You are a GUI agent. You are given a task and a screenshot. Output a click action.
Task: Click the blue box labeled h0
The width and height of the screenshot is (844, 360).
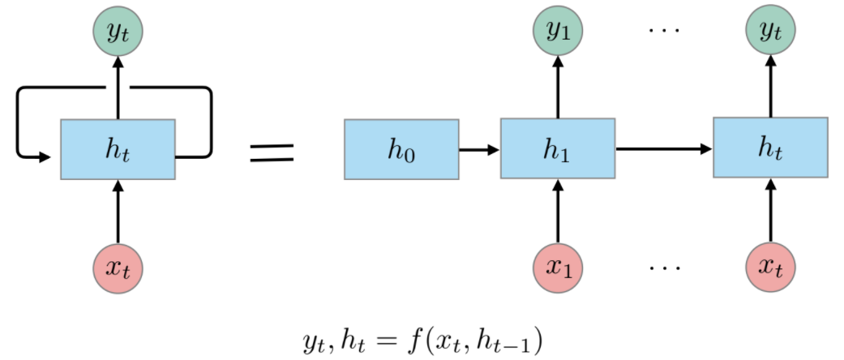[401, 150]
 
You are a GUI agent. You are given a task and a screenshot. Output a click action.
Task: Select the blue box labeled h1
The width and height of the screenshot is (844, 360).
[557, 148]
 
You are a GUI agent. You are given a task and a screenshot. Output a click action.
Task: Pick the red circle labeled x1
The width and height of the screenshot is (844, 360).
[557, 267]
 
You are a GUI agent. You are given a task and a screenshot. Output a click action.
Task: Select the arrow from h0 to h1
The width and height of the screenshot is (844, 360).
[479, 150]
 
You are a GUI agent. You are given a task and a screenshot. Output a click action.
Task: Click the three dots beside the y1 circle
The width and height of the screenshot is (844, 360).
[663, 31]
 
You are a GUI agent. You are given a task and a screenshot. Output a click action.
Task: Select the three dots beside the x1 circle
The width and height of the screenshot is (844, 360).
[663, 267]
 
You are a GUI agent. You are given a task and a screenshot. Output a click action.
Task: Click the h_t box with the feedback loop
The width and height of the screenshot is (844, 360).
[118, 149]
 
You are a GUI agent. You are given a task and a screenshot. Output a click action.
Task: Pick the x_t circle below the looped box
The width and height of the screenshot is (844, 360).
[118, 267]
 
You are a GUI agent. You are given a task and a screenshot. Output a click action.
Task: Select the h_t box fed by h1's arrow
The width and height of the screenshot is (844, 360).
[770, 148]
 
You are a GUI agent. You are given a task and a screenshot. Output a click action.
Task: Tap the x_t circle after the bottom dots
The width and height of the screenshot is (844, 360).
[770, 267]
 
